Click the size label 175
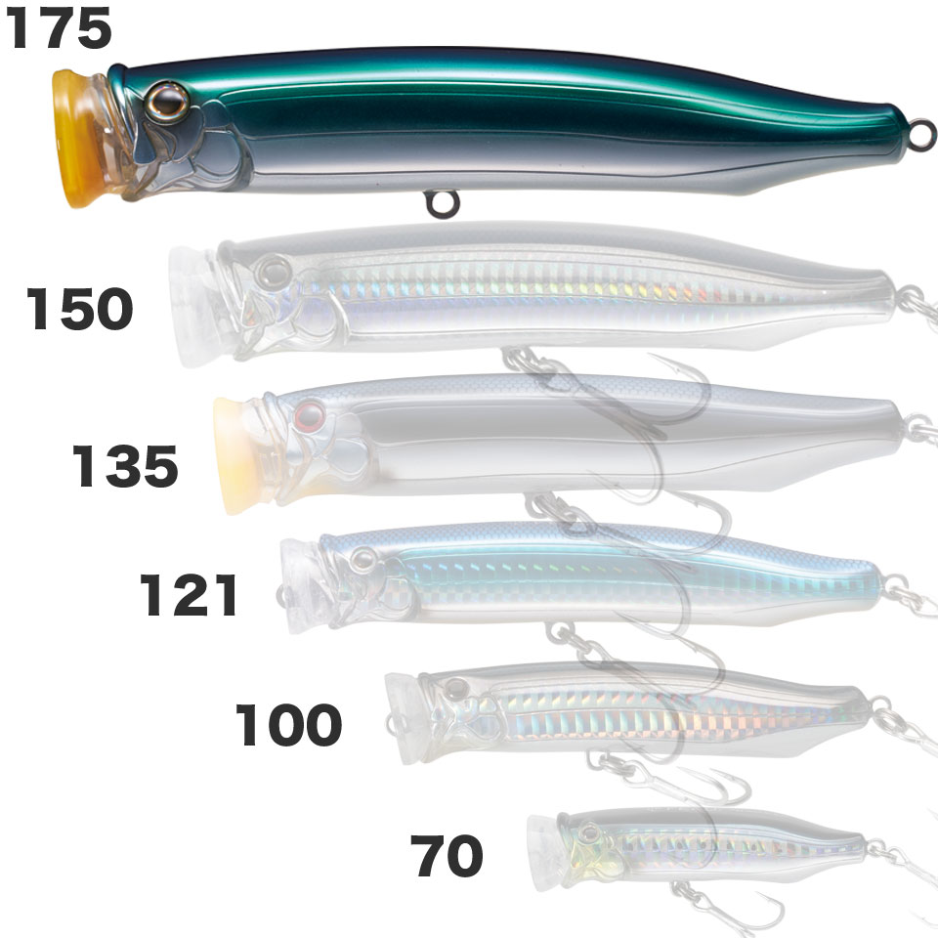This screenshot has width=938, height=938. pyautogui.click(x=58, y=29)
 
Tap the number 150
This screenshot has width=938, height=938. pyautogui.click(x=79, y=308)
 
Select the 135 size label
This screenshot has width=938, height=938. pyautogui.click(x=125, y=466)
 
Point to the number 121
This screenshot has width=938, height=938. pyautogui.click(x=189, y=595)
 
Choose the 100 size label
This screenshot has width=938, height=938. pyautogui.click(x=288, y=724)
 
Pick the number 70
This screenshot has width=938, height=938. pyautogui.click(x=447, y=856)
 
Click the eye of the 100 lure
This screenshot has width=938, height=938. pyautogui.click(x=456, y=690)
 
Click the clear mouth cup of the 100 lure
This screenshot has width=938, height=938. pyautogui.click(x=405, y=718)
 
